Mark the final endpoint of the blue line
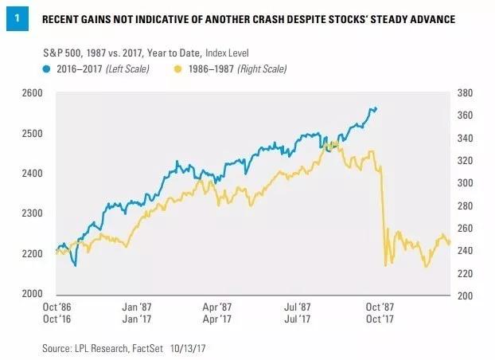(376, 108)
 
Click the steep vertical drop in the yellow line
(383, 215)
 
